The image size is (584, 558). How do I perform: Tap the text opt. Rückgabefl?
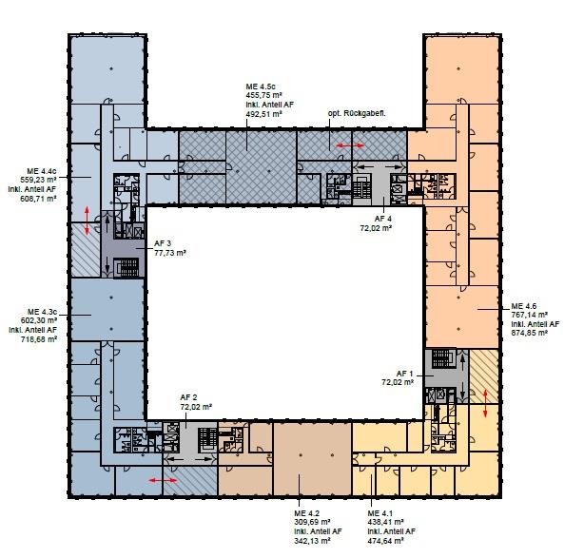click(x=357, y=113)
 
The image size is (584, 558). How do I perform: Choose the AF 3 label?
click(x=163, y=243)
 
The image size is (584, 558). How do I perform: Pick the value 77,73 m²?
click(x=170, y=253)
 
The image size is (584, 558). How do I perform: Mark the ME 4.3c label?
click(x=42, y=312)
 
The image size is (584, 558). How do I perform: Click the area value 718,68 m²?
click(x=39, y=339)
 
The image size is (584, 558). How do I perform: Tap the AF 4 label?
click(x=383, y=219)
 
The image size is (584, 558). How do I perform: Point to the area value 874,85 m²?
click(x=529, y=333)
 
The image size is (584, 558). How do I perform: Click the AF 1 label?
click(x=405, y=374)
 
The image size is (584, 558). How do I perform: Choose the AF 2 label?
click(x=189, y=397)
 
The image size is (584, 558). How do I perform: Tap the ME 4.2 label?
click(x=306, y=513)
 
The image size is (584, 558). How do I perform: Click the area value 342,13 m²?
click(x=312, y=541)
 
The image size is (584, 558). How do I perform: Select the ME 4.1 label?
click(x=380, y=513)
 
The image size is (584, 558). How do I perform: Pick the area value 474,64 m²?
click(x=385, y=541)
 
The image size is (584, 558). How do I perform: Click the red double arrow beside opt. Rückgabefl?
click(x=350, y=145)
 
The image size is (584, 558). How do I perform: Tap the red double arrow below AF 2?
click(x=163, y=481)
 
